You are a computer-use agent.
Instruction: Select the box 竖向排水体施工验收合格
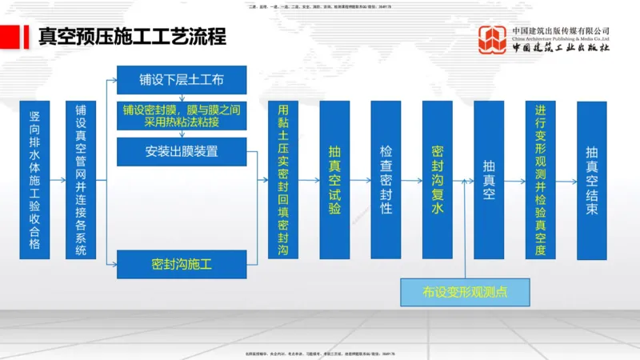35,180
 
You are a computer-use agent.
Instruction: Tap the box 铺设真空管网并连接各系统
81,180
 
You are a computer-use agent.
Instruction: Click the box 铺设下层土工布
182,80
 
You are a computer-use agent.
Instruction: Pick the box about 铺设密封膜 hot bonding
182,116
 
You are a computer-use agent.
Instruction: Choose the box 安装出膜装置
182,151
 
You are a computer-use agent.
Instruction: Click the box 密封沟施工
182,263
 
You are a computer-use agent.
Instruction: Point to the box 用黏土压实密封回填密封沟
283,180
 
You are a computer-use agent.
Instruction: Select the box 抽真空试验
334,180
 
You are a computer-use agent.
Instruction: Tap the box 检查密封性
386,180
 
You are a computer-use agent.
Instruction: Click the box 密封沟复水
437,180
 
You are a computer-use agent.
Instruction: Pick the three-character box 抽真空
489,180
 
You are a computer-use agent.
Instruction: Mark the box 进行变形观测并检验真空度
540,180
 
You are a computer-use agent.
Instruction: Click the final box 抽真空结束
591,180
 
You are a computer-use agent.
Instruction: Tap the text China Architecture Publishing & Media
561,38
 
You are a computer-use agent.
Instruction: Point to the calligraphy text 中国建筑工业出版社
561,48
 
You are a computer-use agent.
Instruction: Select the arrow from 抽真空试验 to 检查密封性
360,180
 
